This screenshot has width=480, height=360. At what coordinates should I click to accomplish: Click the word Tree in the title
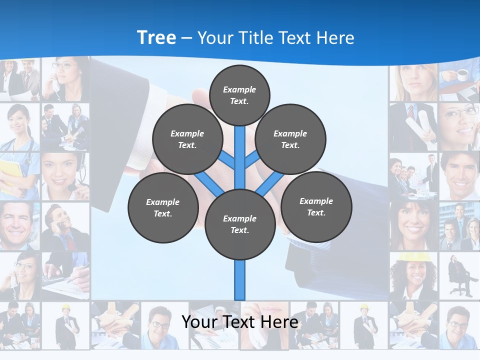coord(156,37)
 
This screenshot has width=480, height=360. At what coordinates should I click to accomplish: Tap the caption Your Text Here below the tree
coord(239,322)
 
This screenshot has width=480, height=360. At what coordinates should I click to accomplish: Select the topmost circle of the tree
coord(239,95)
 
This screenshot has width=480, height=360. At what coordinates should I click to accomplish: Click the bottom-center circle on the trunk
coord(240,224)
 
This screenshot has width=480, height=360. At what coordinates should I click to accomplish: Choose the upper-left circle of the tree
coord(187,139)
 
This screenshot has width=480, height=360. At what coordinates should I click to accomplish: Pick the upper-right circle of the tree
coord(290,139)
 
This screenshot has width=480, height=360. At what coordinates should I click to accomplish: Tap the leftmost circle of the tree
coord(163,207)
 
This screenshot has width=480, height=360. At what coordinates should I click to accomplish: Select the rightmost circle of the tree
coord(316,206)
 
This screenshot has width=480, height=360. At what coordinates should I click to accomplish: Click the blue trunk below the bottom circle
coord(240,280)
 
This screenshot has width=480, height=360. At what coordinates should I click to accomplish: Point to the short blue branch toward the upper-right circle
coord(251,159)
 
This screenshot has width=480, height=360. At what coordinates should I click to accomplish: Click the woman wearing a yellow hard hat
coord(413,275)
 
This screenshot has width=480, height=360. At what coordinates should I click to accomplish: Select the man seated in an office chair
coord(459,275)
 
